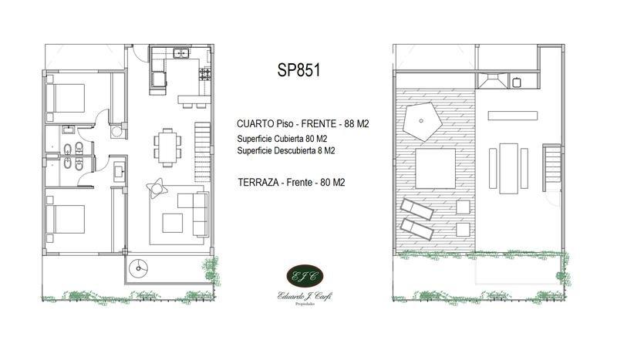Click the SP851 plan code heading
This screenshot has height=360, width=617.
click(x=298, y=70)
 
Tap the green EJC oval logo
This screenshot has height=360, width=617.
click(x=305, y=275)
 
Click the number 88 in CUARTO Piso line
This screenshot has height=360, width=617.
click(x=349, y=124)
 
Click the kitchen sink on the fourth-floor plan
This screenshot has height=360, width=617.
click(x=181, y=52)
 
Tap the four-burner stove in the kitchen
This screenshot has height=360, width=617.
click(x=205, y=74)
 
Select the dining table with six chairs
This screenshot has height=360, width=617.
click(x=167, y=147)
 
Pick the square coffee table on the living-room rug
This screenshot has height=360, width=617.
click(x=172, y=223)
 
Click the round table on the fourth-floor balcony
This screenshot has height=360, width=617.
click(x=139, y=269)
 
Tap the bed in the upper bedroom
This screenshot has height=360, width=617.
click(x=66, y=98)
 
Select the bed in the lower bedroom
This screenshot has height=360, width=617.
click(x=66, y=219)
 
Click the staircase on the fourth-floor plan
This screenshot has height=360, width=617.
click(x=203, y=152)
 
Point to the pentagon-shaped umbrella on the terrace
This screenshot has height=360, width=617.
click(x=420, y=121)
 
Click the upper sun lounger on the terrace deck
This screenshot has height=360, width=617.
click(x=417, y=209)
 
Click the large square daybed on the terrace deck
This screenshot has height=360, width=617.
click(x=436, y=168)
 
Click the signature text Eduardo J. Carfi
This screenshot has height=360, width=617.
click(x=305, y=296)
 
